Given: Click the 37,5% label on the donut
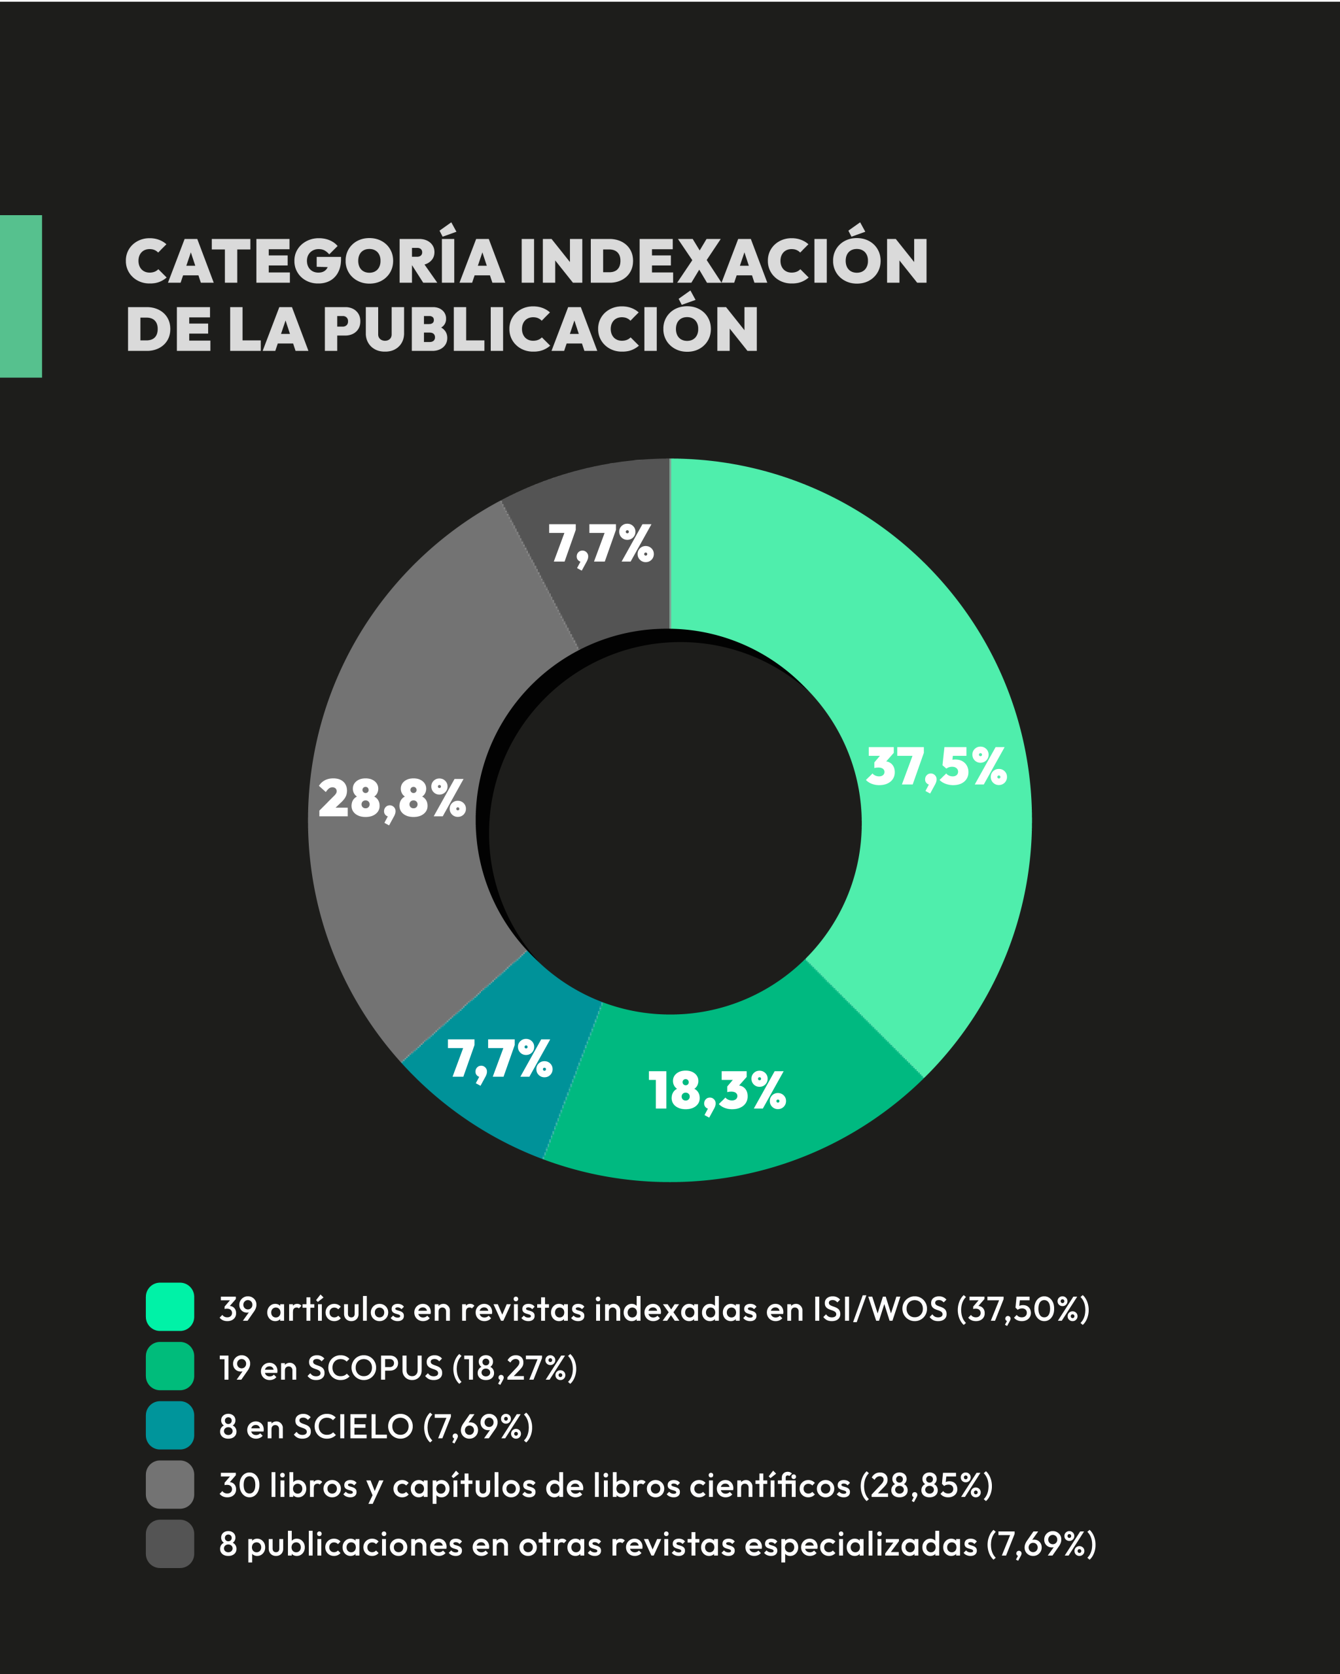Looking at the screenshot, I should pos(936,767).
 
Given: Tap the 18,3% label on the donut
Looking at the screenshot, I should pos(716,1091).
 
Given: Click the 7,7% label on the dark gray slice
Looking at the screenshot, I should pos(601,543).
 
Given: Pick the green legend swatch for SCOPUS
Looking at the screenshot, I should pos(169,1366).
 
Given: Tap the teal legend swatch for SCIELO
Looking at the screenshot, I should pos(169,1425).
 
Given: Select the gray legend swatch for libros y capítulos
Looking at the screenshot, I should pos(169,1484).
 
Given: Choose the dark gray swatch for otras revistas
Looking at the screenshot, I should pos(169,1544).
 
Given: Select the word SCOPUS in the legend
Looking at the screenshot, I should pos(374,1368).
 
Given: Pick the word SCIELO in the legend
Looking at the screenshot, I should pos(353,1427).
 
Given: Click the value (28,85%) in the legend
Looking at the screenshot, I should pos(926,1486).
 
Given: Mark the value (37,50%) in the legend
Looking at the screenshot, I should pos(1023,1309).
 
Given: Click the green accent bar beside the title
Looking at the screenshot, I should pos(21,296).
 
